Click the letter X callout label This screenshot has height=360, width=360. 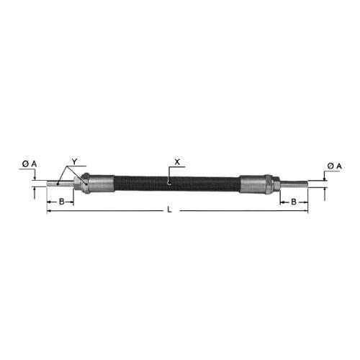coord(177,162)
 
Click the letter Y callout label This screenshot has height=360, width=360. coord(75,162)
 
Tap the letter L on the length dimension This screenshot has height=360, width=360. coord(170,210)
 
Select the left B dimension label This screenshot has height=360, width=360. coord(62,202)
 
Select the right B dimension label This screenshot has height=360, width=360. coord(294,202)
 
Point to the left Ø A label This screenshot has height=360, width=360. coord(30,164)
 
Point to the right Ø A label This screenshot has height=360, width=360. coord(334,166)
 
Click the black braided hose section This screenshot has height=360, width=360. coord(177,184)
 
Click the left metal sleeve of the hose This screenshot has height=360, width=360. coord(102,184)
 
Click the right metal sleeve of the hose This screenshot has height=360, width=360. coord(253,184)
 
